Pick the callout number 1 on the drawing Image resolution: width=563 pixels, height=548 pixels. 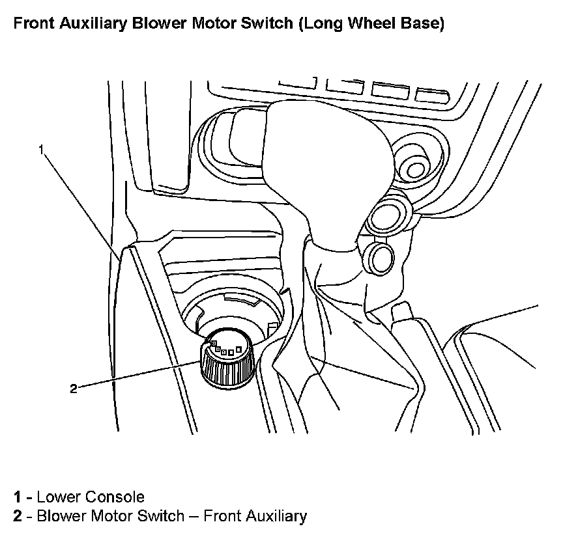(41, 150)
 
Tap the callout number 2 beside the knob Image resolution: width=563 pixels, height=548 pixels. (74, 389)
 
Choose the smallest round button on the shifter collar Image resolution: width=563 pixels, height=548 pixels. (379, 255)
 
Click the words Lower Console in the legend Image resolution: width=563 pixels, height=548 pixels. (91, 498)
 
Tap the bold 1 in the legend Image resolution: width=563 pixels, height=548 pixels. (18, 498)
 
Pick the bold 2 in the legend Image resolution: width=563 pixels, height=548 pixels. (18, 517)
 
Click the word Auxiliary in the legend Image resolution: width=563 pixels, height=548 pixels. (274, 517)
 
